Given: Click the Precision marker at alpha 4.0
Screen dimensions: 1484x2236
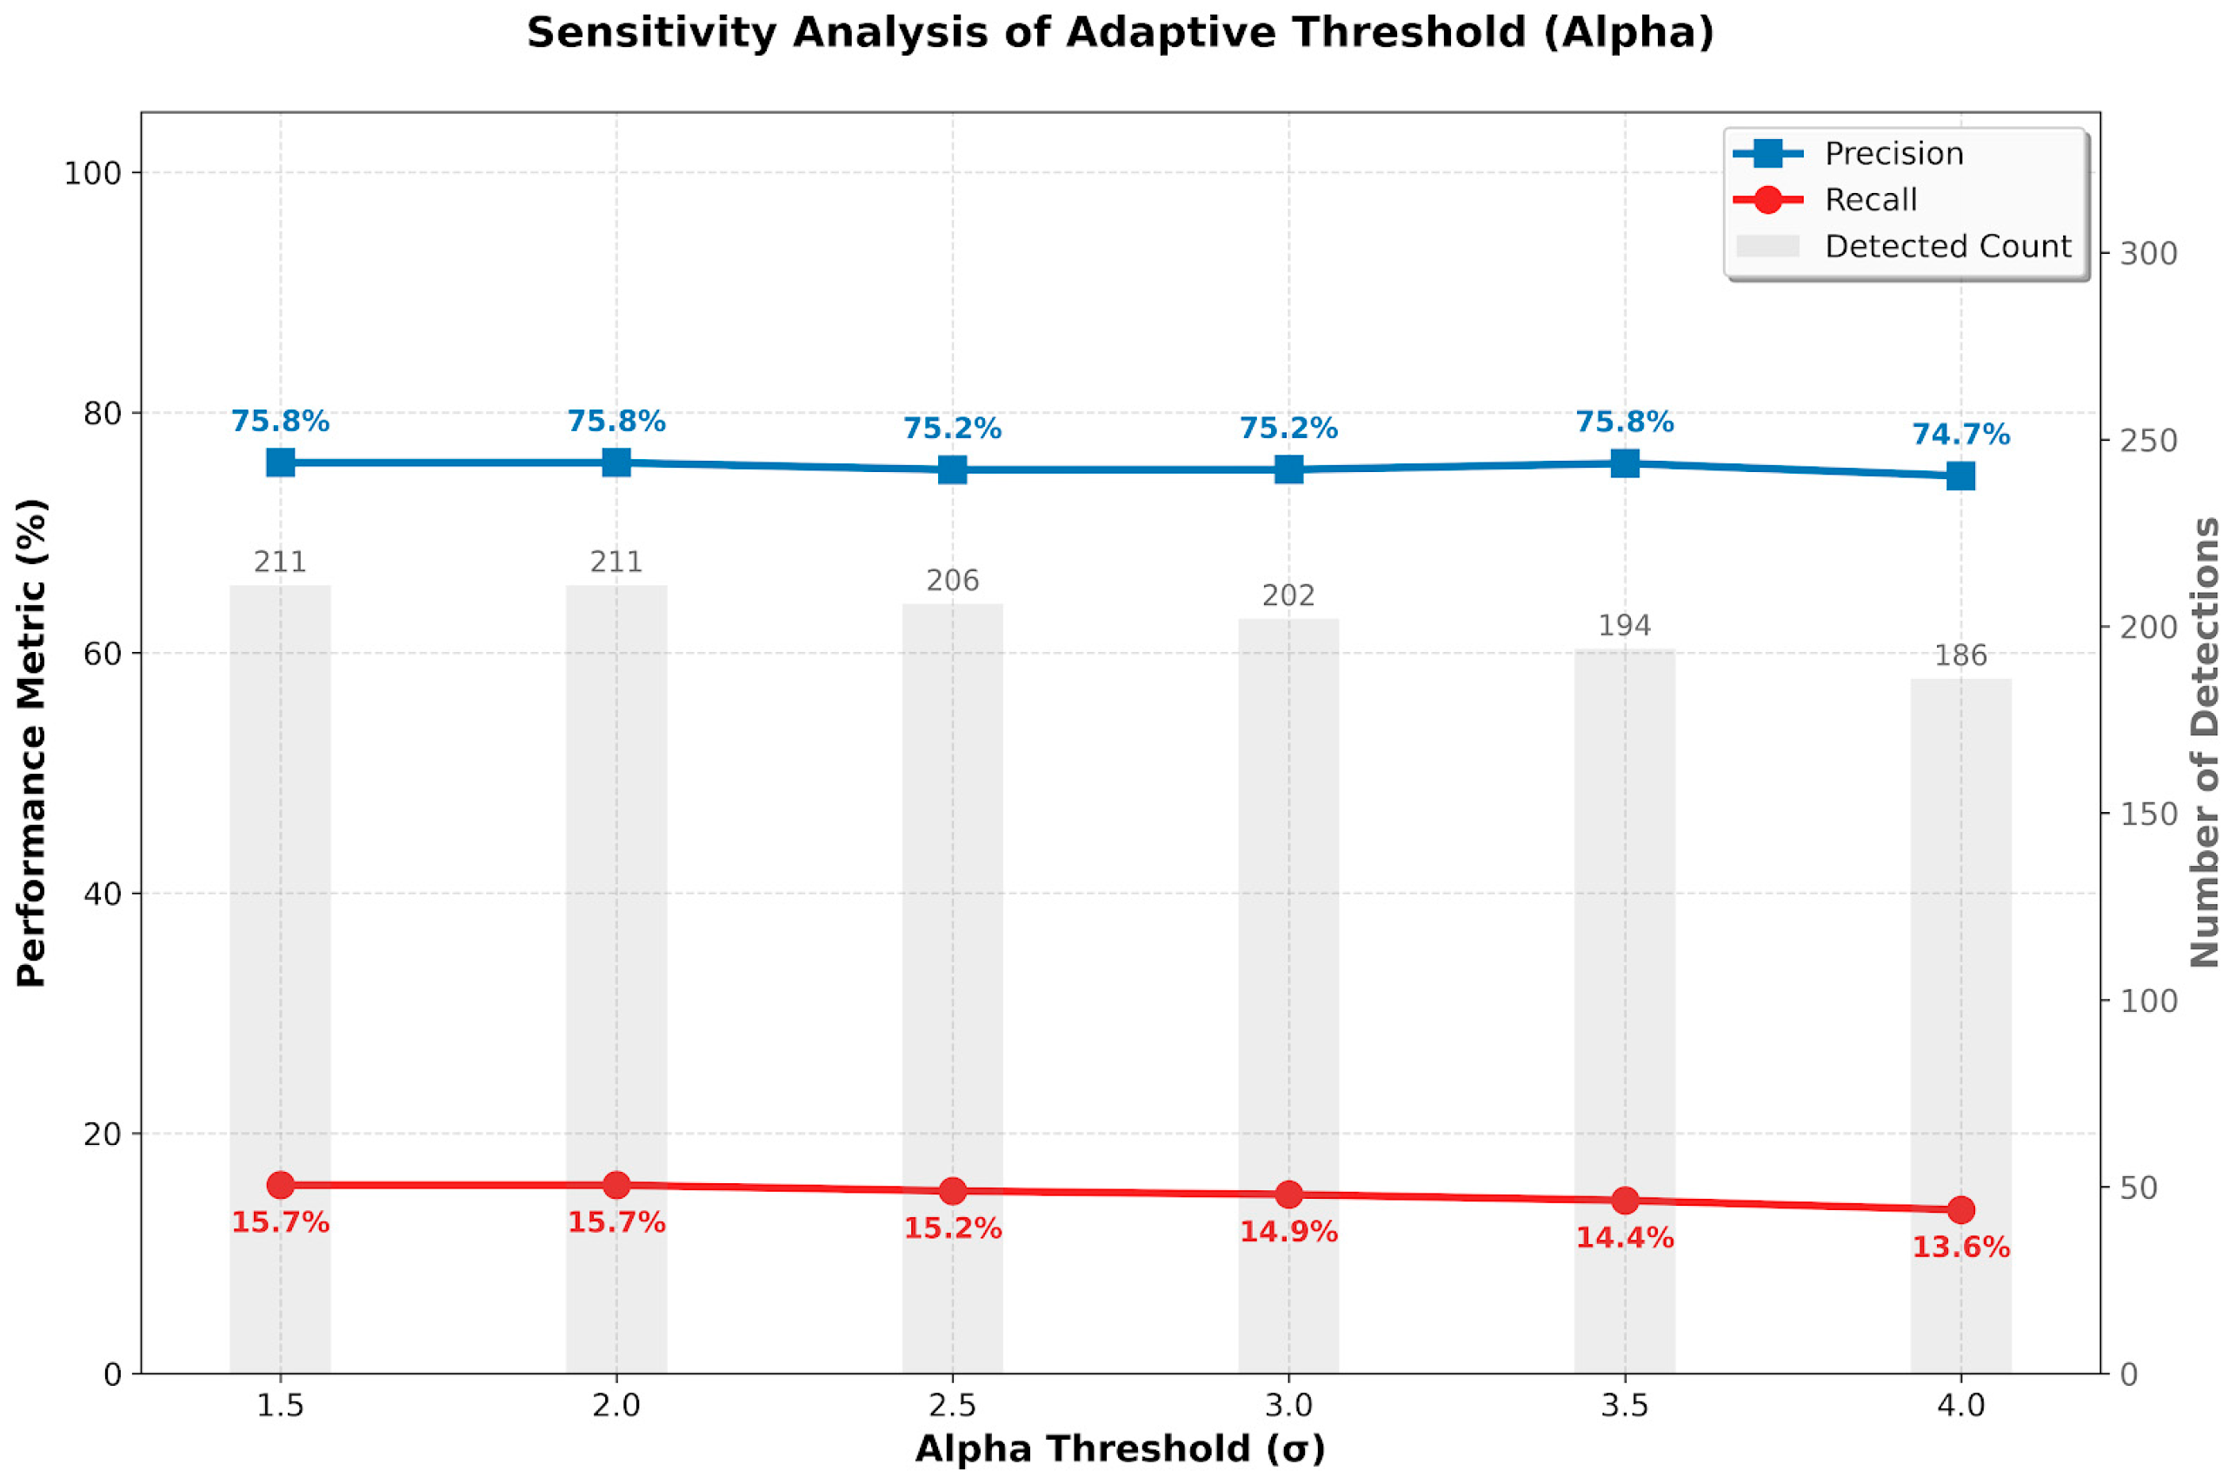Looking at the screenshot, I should tap(1960, 476).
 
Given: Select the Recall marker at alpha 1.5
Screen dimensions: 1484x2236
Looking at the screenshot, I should tap(280, 1185).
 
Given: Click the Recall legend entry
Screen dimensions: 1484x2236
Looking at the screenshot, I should tap(1870, 200).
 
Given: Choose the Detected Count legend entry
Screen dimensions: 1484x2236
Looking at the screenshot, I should tap(1947, 246).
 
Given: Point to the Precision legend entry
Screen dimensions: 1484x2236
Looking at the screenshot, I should tap(1893, 153).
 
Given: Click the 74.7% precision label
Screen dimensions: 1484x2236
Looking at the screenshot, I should tap(1960, 435).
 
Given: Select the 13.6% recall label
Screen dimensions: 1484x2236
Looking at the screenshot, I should tap(1960, 1248).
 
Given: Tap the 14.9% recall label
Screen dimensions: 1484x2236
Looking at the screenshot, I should tap(1288, 1232).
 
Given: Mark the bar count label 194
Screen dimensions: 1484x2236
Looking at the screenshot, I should tap(1624, 626).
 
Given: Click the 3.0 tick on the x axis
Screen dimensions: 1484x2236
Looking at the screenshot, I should tap(1288, 1406).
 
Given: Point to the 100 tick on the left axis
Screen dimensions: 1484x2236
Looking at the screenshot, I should tap(92, 173).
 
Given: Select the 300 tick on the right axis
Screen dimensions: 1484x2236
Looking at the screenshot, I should tap(2148, 254).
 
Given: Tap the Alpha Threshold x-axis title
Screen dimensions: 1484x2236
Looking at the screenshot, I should tap(1120, 1450).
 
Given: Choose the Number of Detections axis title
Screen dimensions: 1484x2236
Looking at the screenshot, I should tap(2206, 742).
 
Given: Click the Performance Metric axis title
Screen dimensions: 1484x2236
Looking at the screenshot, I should tap(32, 742).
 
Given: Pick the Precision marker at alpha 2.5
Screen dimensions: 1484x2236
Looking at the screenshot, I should tap(952, 469).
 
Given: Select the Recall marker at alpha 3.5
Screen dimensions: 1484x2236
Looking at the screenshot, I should tap(1624, 1200).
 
